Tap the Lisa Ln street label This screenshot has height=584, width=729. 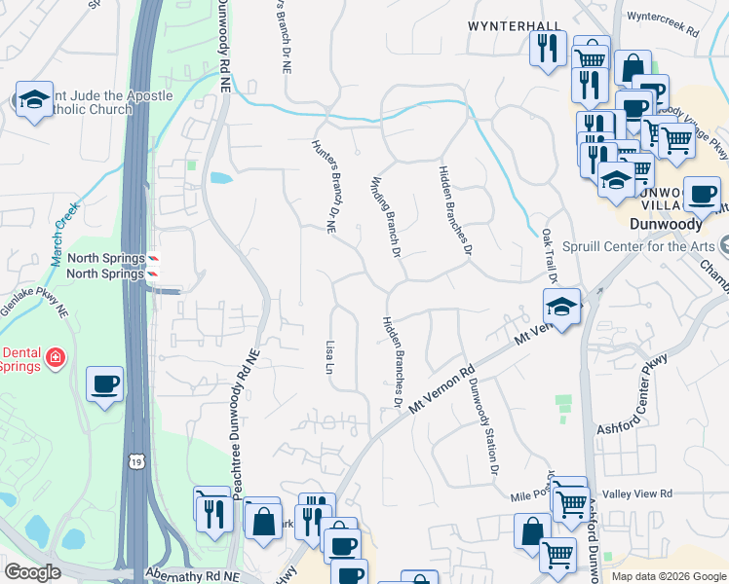tap(329, 357)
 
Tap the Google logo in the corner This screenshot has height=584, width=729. tap(32, 572)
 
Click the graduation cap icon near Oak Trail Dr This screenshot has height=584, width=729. tap(560, 308)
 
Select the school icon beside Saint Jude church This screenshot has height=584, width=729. tap(34, 99)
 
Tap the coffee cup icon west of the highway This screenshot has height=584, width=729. tap(104, 383)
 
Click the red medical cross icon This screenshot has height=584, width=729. tap(56, 358)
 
